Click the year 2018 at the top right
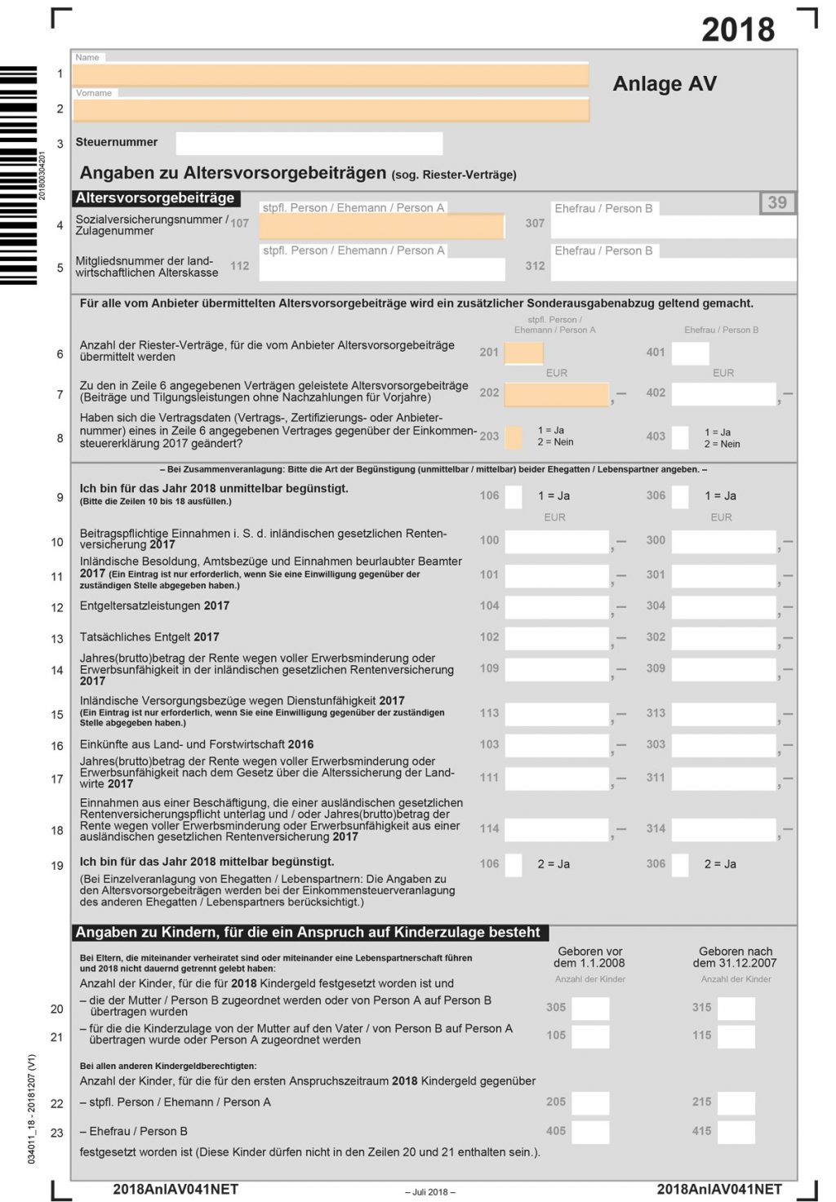[738, 29]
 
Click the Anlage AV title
[665, 84]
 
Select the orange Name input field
[331, 74]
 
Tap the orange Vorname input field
[331, 109]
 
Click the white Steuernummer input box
[309, 143]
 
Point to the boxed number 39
[777, 202]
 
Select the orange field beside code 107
[382, 226]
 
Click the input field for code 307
[674, 226]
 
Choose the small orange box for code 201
[523, 353]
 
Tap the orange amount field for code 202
[557, 393]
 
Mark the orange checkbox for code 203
[514, 437]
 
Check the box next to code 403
[680, 437]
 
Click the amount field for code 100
[557, 541]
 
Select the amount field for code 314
[723, 829]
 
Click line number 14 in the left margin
[57, 670]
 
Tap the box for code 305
[590, 1008]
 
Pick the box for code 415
[736, 1131]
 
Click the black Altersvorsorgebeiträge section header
[155, 197]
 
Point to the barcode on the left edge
[18, 175]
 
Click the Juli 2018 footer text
[430, 1191]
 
